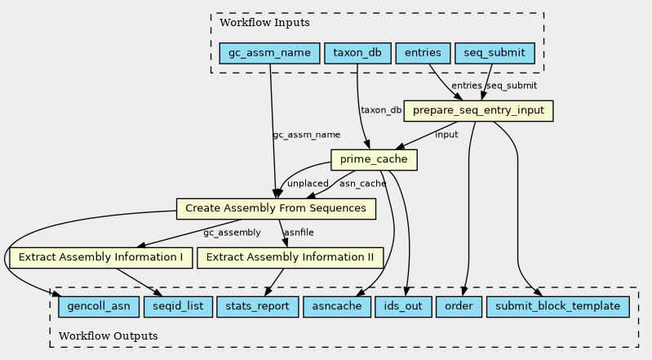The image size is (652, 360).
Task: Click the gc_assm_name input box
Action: click(269, 53)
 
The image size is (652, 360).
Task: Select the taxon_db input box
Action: click(357, 53)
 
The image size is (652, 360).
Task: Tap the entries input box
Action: click(423, 53)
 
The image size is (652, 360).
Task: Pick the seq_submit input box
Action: click(495, 53)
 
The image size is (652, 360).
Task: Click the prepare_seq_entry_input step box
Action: click(478, 111)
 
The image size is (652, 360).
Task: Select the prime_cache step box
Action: click(374, 159)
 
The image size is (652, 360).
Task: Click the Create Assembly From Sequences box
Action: click(276, 208)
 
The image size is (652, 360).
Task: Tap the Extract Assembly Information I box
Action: click(100, 258)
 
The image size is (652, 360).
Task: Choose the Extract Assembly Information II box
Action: click(290, 258)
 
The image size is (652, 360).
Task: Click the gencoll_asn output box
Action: click(99, 307)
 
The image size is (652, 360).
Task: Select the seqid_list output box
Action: click(178, 307)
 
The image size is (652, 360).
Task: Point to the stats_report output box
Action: click(257, 307)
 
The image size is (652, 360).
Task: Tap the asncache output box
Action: click(337, 307)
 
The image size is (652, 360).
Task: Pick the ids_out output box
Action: click(403, 307)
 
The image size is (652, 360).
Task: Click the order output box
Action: click(459, 307)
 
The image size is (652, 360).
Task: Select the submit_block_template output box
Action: click(557, 307)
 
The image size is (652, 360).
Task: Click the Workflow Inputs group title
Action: click(264, 23)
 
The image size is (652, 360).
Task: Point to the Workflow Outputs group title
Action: click(108, 336)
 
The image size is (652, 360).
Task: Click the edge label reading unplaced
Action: click(308, 184)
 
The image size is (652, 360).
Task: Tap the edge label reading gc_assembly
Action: click(232, 233)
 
